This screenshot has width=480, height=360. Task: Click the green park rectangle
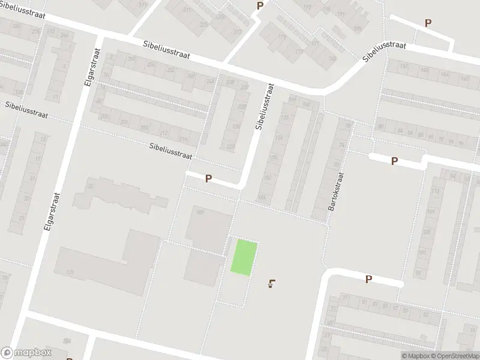click(x=245, y=258)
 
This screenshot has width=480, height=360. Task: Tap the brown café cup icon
click(x=273, y=283)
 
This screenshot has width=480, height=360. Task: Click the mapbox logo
click(x=26, y=353)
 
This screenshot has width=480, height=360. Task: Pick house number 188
click(x=200, y=211)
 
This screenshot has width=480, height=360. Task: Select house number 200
click(x=105, y=116)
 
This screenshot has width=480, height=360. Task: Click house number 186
click(x=261, y=197)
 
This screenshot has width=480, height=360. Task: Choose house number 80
click(x=381, y=126)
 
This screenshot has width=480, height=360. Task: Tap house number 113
click(x=434, y=191)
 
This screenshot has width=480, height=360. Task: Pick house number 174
click(x=278, y=138)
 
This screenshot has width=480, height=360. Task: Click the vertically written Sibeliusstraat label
click(x=263, y=107)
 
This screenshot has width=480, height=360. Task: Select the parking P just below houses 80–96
click(x=394, y=161)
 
